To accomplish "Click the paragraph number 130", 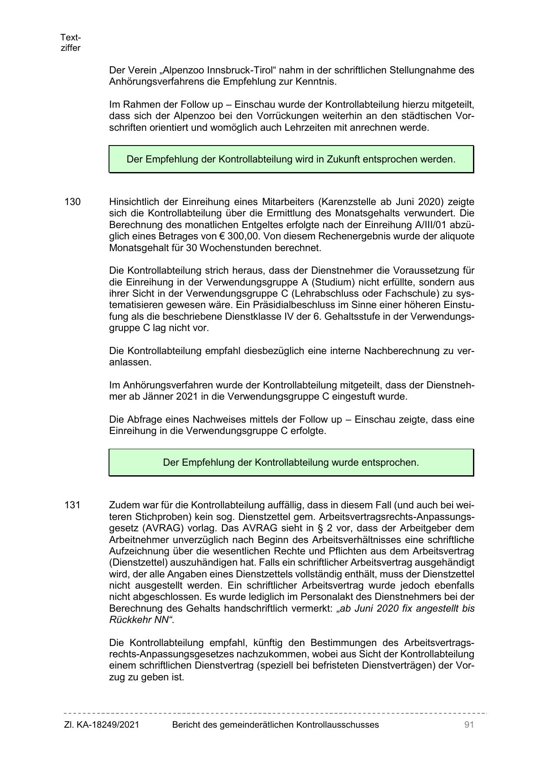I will coord(73,202).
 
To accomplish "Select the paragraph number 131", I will coord(73,505).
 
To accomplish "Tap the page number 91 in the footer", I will coord(469,725).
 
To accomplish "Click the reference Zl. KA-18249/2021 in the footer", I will coord(102,725).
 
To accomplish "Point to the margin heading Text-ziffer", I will coord(71,43).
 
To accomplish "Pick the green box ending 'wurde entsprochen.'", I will coord(291,463).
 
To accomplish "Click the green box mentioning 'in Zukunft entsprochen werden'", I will coord(291,159).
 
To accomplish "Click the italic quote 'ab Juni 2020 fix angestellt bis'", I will coord(406,609).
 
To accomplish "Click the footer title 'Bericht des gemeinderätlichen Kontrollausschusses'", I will coord(275,725).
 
